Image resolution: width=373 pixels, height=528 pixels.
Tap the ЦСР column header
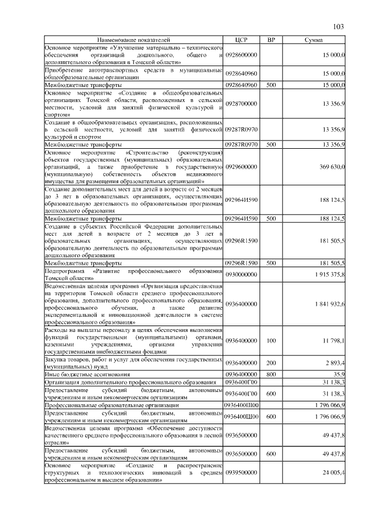click(241, 39)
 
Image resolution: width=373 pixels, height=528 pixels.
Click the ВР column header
click(270, 39)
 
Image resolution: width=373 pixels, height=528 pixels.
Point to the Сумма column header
click(315, 39)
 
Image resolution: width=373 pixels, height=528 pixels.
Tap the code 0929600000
click(241, 166)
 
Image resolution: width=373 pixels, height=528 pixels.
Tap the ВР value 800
click(270, 373)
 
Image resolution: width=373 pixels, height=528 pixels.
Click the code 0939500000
click(241, 473)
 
